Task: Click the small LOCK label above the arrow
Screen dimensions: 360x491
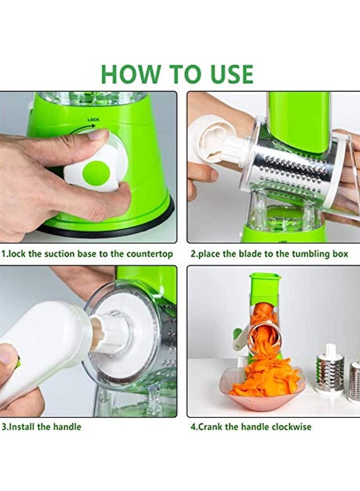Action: coord(93,120)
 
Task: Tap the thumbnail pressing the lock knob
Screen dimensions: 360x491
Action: coord(99,135)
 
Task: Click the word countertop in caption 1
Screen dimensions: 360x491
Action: coord(149,254)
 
